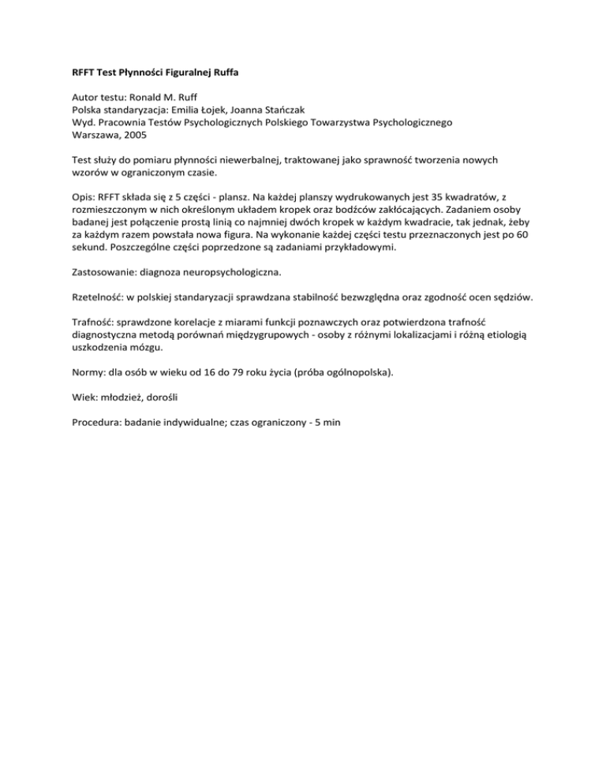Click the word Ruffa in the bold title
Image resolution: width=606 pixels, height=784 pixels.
pyautogui.click(x=223, y=73)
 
